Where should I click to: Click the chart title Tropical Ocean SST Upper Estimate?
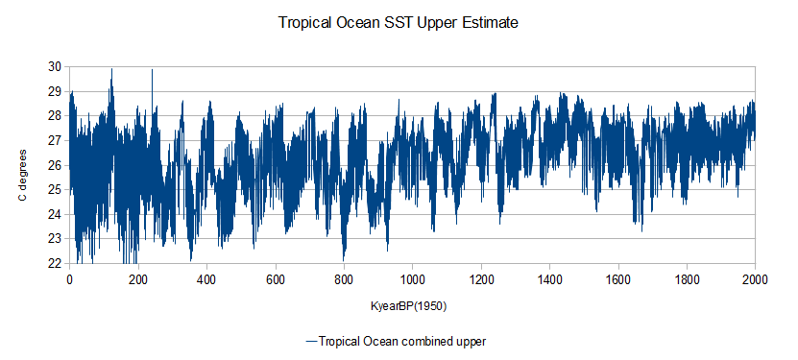click(399, 23)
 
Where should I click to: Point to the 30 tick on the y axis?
click(55, 66)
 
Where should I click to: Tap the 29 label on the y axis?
click(55, 91)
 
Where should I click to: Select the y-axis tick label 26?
click(55, 165)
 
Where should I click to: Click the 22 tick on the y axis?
click(55, 263)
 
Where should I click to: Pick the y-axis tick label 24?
click(55, 214)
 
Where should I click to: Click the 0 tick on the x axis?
click(69, 280)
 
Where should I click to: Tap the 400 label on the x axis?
click(206, 280)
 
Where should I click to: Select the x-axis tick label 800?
click(344, 280)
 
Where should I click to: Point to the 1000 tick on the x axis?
click(412, 280)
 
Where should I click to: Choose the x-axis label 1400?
click(549, 280)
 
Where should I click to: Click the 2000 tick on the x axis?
click(755, 280)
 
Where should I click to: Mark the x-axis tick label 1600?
click(618, 280)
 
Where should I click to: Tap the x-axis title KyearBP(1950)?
click(409, 307)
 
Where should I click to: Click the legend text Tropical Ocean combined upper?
click(402, 341)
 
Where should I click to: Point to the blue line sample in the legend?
click(311, 341)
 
